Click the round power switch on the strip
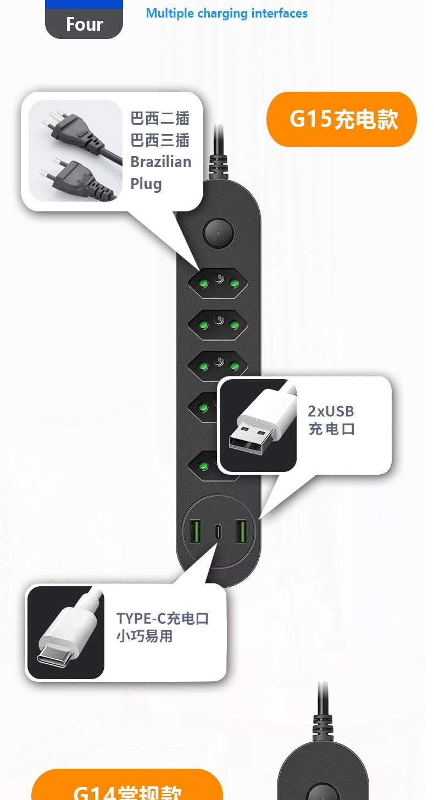click(218, 234)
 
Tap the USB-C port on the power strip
click(219, 532)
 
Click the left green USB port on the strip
click(194, 532)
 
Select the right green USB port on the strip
click(241, 532)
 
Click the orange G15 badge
click(342, 119)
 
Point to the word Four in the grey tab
click(84, 24)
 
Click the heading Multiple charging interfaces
click(226, 13)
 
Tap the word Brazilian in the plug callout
click(160, 162)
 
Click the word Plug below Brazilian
click(146, 184)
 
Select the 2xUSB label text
click(331, 411)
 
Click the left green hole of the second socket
click(203, 325)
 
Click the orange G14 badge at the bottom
click(127, 788)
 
